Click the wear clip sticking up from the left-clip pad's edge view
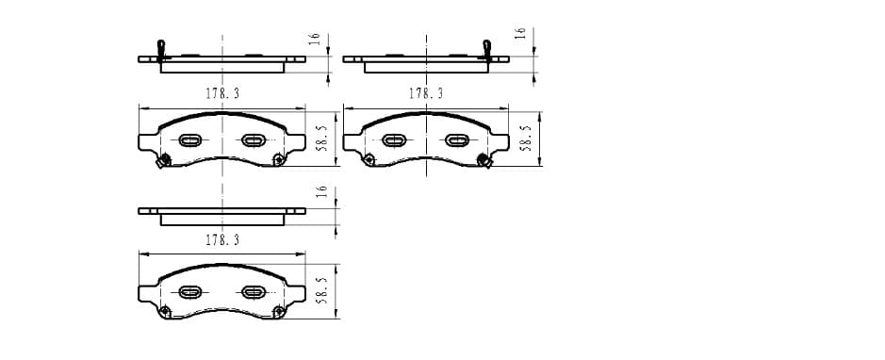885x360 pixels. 161,50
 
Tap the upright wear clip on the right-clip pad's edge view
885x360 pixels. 487,50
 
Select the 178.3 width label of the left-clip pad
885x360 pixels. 222,93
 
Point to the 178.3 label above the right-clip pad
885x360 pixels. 426,93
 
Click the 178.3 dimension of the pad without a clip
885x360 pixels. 222,240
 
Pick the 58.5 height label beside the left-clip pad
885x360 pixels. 322,139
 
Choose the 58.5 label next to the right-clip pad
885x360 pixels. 526,139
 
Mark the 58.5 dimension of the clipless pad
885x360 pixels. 322,290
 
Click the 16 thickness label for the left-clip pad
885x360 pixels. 315,39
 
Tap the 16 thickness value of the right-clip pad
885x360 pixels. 521,33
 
